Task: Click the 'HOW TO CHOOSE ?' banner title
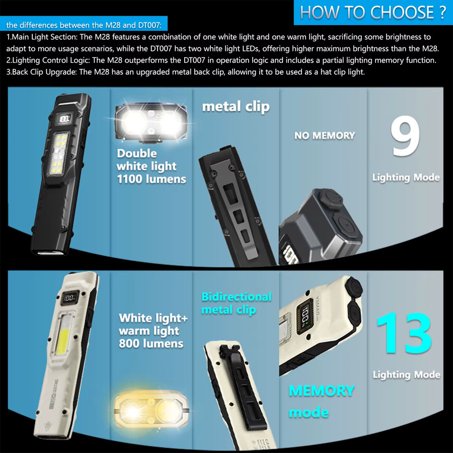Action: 372,12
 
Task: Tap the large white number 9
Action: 405,136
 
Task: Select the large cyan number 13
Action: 405,333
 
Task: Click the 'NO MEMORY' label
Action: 325,135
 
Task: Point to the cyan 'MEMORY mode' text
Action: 321,401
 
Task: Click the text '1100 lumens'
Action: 152,179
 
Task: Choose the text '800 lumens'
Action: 151,343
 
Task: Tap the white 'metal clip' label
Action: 236,107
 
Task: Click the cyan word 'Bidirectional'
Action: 237,296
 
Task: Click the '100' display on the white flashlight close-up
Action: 305,316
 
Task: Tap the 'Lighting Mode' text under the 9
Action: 406,177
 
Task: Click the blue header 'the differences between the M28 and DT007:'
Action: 84,25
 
